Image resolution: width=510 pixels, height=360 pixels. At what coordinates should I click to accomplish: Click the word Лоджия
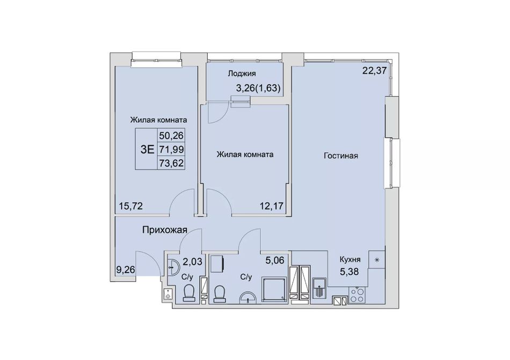click(242, 74)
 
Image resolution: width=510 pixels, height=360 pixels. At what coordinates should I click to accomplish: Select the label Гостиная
click(341, 156)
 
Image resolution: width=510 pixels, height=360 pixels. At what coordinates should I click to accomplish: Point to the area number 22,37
click(374, 70)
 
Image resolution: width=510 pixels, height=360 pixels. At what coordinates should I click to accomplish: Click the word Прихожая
click(165, 230)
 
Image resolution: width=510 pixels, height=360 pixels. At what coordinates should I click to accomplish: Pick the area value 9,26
click(126, 270)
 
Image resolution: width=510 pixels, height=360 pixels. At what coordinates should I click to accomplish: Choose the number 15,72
click(131, 206)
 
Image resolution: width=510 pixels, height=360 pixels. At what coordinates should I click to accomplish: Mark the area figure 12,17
click(272, 206)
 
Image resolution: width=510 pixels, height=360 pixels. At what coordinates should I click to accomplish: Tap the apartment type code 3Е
click(147, 149)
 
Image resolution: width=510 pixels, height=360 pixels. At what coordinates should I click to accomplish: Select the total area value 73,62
click(172, 163)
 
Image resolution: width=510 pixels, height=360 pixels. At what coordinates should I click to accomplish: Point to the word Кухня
click(350, 260)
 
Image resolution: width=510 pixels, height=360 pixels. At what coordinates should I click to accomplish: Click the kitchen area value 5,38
click(349, 271)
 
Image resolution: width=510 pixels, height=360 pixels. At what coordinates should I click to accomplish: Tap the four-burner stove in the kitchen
click(356, 295)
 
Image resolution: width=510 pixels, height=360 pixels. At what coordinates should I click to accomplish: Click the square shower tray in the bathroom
click(275, 289)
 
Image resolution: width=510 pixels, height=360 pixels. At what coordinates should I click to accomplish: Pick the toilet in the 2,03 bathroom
click(189, 293)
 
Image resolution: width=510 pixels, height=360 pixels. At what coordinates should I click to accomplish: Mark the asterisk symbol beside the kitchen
click(377, 260)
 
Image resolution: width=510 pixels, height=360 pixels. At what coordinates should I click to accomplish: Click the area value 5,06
click(275, 260)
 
